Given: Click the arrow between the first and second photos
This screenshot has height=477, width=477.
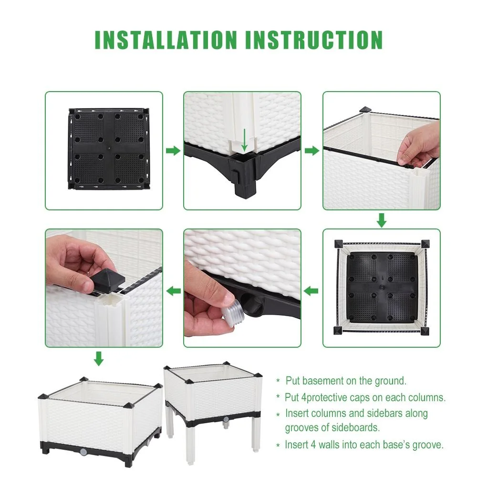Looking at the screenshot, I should point(173,151).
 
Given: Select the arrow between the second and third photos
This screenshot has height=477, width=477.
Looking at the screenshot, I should point(311,151).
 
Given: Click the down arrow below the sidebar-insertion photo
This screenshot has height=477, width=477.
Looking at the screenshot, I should point(382,220).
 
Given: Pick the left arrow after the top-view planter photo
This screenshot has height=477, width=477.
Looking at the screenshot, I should point(311,290).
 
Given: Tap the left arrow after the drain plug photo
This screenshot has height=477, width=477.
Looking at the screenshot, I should point(173,290).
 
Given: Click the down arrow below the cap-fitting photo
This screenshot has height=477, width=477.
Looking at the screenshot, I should point(98,358).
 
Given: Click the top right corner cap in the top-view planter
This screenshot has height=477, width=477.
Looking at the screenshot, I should point(424,244).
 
